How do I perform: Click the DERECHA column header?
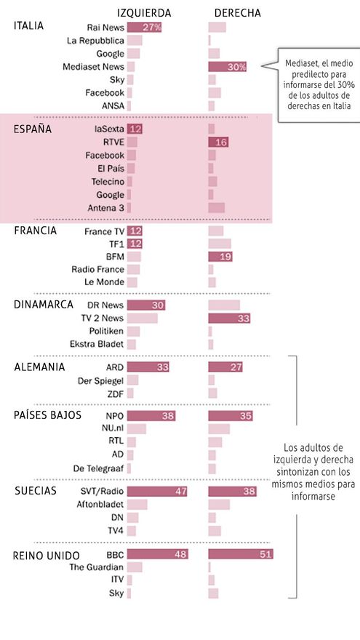(x=237, y=12)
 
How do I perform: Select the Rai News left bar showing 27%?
(x=144, y=27)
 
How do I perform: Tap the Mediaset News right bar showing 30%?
(x=228, y=66)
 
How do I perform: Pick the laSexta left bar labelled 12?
(x=135, y=129)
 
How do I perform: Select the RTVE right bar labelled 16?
(x=218, y=142)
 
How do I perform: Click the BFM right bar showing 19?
(x=220, y=257)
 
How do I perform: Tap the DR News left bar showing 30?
(x=146, y=305)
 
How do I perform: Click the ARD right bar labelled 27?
(x=225, y=367)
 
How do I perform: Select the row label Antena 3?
(x=105, y=208)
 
